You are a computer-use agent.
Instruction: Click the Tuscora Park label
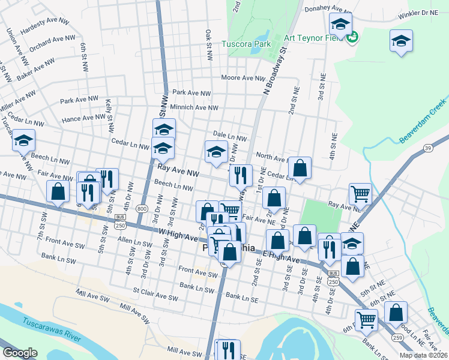point(246,44)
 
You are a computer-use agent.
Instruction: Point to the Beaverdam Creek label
point(423,119)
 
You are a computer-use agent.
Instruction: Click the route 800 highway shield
point(142,208)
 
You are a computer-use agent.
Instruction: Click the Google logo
point(19,353)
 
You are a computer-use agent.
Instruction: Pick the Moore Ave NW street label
point(243,78)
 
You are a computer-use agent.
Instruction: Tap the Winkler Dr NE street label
point(420,11)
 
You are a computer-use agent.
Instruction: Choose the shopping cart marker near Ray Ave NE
point(360,193)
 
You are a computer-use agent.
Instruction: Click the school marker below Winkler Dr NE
point(401,41)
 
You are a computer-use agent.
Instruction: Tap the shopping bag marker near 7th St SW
point(58,191)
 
